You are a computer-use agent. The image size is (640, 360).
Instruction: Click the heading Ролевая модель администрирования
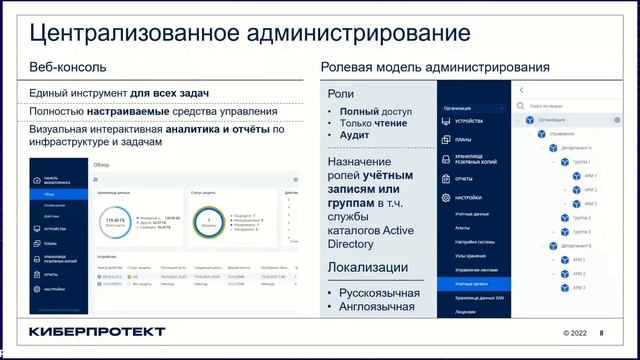(x=434, y=69)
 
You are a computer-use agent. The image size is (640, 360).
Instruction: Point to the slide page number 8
(x=601, y=333)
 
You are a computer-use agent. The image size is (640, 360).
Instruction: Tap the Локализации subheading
(x=368, y=268)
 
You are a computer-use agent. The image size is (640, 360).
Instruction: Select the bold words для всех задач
(x=174, y=93)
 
